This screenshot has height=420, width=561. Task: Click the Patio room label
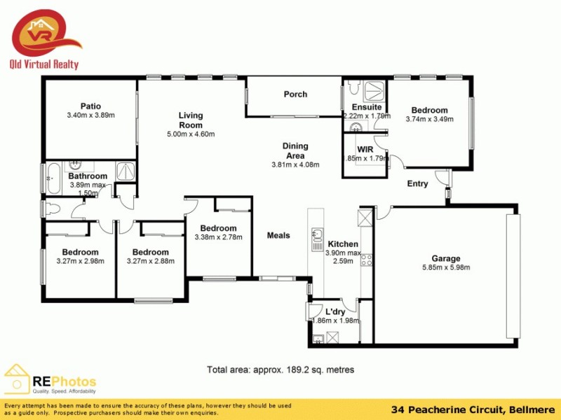pyautogui.click(x=90, y=106)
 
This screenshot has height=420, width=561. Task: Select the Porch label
pyautogui.click(x=295, y=94)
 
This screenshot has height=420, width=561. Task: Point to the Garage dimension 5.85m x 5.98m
pyautogui.click(x=445, y=267)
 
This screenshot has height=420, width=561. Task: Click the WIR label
pyautogui.click(x=365, y=150)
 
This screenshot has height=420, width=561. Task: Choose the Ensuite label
pyautogui.click(x=367, y=107)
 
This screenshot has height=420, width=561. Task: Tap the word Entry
pyautogui.click(x=418, y=183)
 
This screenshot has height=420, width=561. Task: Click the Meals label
pyautogui.click(x=278, y=235)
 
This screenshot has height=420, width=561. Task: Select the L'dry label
pyautogui.click(x=336, y=311)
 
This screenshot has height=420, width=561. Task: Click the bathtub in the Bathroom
pyautogui.click(x=53, y=178)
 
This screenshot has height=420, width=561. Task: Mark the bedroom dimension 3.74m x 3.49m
pyautogui.click(x=429, y=119)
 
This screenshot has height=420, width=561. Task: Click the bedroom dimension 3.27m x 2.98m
pyautogui.click(x=81, y=261)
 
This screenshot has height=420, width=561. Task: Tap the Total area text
pyautogui.click(x=280, y=370)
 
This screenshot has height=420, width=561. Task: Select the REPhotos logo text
pyautogui.click(x=65, y=381)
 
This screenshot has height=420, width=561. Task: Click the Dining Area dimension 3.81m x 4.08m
pyautogui.click(x=295, y=165)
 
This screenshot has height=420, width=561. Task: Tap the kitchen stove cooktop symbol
pyautogui.click(x=365, y=260)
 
